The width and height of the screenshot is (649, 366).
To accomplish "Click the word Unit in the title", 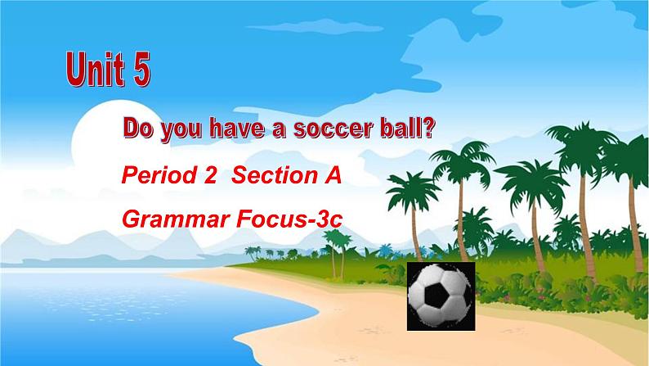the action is (x=95, y=69).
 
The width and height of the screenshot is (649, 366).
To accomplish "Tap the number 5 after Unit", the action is (x=141, y=69).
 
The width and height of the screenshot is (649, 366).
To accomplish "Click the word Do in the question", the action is (x=139, y=129).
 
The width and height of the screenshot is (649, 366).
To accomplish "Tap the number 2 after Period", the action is (x=210, y=175).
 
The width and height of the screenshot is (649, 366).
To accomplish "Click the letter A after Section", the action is (x=331, y=175).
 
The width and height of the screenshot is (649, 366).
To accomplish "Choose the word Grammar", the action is (x=177, y=219).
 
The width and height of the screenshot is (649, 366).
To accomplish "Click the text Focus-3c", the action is (x=289, y=219).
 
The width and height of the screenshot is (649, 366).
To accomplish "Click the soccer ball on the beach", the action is (x=441, y=296).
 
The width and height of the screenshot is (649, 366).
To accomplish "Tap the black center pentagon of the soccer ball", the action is (x=436, y=295).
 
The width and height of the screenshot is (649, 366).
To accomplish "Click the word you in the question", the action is (x=181, y=131).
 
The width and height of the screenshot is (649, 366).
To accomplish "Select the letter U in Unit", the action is (x=76, y=70).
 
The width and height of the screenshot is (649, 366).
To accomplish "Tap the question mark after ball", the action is (x=429, y=128).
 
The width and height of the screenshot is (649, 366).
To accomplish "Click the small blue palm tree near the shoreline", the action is (x=385, y=250).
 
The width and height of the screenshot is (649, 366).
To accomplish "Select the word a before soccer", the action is (x=279, y=131).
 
